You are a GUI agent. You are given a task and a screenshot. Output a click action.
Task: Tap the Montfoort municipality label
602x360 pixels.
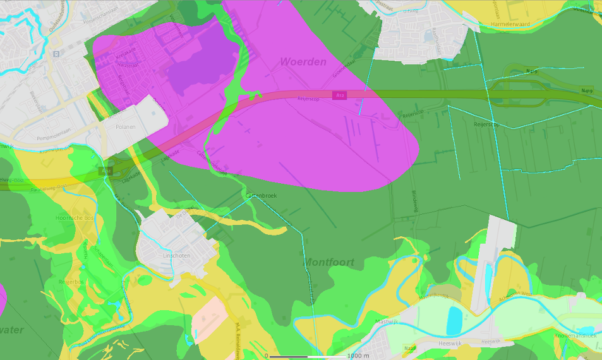[x=328, y=262]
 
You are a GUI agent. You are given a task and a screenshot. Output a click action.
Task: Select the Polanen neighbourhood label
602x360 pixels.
[x=126, y=127]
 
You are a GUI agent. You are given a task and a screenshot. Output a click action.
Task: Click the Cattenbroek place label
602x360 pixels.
[x=261, y=196]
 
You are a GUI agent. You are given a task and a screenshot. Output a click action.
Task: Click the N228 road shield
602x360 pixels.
[x=411, y=348]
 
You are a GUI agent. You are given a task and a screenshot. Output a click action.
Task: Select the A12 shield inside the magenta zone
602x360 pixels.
[x=340, y=95]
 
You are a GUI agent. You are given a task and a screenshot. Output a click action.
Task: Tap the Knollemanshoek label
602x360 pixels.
[x=575, y=336]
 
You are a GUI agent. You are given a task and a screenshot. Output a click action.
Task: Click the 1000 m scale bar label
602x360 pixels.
[x=358, y=356]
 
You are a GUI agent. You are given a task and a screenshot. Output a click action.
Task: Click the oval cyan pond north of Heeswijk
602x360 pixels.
[x=454, y=320]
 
